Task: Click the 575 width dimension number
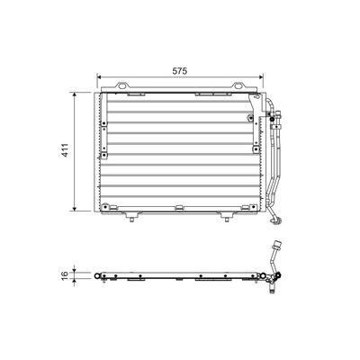click(180, 71)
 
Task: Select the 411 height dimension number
click(66, 150)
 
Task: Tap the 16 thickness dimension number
click(65, 274)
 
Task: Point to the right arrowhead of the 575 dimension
click(260, 77)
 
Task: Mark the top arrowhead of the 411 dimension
click(75, 94)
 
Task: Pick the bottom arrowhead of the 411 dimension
click(75, 208)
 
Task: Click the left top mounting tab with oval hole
click(122, 85)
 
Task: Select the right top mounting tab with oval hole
click(238, 85)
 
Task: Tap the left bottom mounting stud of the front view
click(131, 217)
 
